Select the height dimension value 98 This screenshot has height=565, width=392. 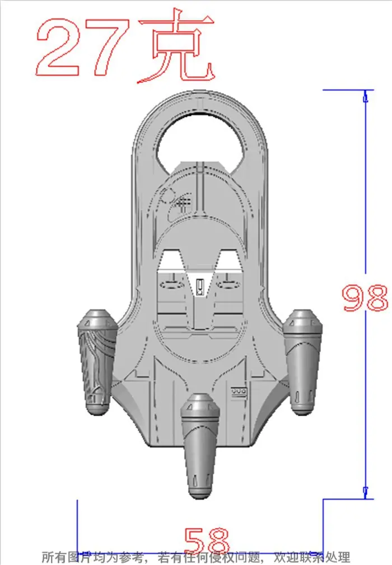click(365, 298)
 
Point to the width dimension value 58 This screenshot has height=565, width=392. click(207, 540)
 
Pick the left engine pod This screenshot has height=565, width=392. click(97, 361)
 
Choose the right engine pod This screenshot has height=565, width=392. click(302, 361)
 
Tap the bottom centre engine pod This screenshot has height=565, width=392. click(200, 446)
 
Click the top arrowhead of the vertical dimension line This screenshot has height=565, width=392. click(365, 96)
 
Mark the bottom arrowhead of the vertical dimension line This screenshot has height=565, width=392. click(365, 493)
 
